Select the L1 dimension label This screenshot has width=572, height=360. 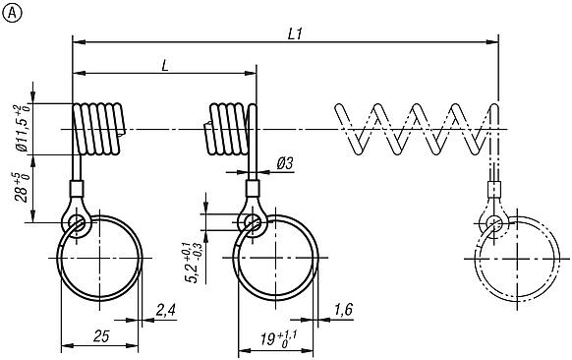tap(294, 31)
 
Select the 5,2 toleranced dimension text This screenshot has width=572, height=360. tap(195, 259)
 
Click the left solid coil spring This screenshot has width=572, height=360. tap(98, 129)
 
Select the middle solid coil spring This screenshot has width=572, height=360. tap(228, 129)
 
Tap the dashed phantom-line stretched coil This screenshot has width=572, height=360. tap(418, 129)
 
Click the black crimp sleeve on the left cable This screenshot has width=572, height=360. tap(75, 190)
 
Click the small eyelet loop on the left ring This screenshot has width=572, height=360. tap(77, 225)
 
